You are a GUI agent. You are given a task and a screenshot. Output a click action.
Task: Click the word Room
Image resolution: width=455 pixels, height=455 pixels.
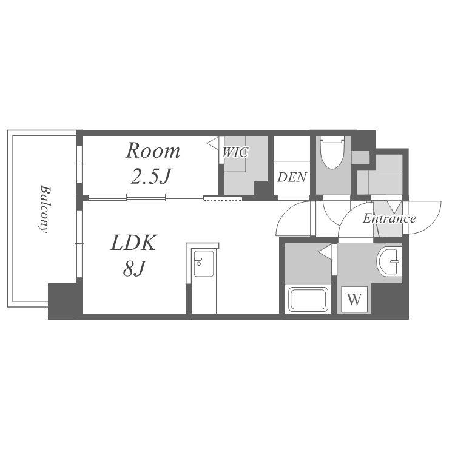tap(153, 150)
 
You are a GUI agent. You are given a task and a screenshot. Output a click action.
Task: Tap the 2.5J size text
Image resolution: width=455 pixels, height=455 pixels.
tap(151, 176)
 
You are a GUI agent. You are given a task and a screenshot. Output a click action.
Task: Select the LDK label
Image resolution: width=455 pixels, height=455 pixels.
tap(134, 243)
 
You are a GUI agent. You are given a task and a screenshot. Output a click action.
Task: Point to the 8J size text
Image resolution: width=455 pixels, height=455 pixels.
tap(134, 268)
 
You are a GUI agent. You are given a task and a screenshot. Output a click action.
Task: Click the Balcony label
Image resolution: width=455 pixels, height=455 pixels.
tap(44, 209)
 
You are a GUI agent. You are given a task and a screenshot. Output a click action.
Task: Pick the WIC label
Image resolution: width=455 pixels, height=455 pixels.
tap(235, 152)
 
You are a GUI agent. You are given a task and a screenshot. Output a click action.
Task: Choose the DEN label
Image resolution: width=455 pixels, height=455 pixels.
tap(292, 177)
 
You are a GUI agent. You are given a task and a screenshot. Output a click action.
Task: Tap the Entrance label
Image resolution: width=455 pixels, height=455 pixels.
tap(389, 218)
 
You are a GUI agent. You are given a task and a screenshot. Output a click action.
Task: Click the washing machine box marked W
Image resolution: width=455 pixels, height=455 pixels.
tap(354, 299)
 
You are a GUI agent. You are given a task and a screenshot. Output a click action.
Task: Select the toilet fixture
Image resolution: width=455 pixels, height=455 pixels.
tap(332, 152)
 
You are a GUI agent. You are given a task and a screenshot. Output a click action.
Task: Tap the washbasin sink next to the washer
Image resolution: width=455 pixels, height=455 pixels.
tap(389, 261)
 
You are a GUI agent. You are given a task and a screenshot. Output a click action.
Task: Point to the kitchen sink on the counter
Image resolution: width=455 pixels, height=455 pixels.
tap(204, 263)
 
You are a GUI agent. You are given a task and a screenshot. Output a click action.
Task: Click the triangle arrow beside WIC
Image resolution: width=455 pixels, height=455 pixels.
tap(214, 143)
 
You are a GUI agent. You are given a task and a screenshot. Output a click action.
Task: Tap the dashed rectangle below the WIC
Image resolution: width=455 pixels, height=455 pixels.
tap(223, 199)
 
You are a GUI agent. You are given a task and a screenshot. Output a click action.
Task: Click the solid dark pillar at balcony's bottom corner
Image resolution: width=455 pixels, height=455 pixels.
tap(62, 301)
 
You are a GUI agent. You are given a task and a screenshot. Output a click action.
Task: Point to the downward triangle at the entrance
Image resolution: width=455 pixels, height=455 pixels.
tap(394, 207)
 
